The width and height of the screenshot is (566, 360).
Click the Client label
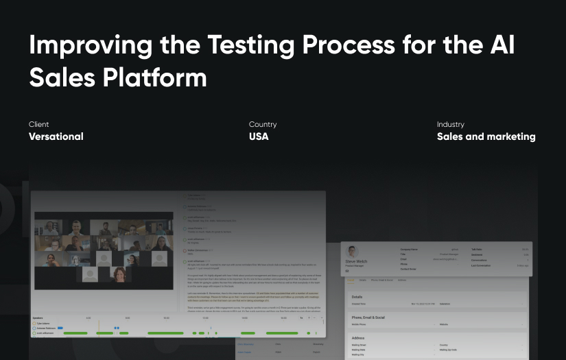38,125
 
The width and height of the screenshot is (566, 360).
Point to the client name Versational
56,136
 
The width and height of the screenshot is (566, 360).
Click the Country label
263,125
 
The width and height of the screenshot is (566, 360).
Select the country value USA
259,136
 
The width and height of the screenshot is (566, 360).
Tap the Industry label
451,125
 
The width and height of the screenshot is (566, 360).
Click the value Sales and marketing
486,136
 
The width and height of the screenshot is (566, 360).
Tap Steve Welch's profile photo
353,251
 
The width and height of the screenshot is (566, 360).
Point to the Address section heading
359,338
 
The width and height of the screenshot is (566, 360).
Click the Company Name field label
410,249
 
